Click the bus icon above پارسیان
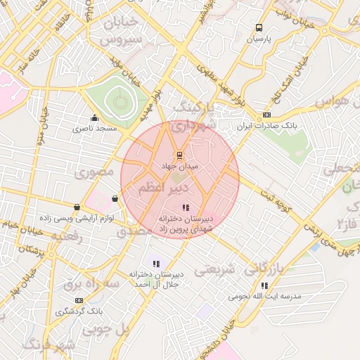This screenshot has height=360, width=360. pos(259,28)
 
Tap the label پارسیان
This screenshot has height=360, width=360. pos(259,40)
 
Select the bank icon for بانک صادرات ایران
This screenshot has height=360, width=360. pos(266,115)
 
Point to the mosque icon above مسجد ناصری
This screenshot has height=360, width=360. pos(95,117)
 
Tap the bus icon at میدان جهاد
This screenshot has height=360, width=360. pos(179,155)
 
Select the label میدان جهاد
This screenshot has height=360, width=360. pos(180,167)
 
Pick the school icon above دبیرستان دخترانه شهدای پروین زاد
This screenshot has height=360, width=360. pos(186,207)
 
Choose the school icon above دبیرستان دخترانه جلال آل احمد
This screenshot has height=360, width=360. pos(156,264)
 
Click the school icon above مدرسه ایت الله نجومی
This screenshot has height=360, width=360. pos(264,285)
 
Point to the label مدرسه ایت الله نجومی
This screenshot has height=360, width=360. pos(264,297)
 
